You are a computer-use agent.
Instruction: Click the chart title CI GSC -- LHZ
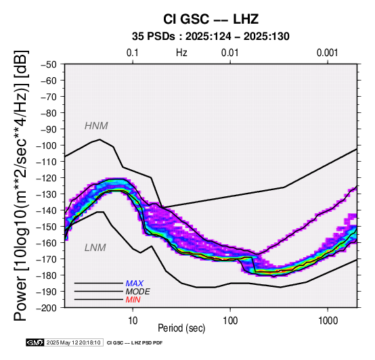211,19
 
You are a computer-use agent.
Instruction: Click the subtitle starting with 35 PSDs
211,37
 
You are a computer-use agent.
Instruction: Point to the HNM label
96,126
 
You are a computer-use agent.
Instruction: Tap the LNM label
95,248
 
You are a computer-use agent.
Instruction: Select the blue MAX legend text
135,284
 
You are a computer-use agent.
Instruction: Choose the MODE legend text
138,292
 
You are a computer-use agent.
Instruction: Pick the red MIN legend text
133,300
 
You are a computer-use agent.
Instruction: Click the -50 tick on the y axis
49,64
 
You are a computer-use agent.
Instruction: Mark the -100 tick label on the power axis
46,145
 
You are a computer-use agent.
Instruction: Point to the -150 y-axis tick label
46,227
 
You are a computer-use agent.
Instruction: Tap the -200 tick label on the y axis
46,308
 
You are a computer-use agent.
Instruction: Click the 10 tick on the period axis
133,321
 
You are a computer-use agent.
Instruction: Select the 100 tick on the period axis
230,321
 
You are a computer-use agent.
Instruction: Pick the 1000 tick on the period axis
328,321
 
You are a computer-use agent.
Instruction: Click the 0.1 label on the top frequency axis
133,53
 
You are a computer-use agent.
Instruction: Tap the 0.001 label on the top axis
327,53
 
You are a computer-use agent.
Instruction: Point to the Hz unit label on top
181,53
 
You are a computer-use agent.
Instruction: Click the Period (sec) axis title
181,328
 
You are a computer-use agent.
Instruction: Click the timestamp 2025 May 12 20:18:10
73,343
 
